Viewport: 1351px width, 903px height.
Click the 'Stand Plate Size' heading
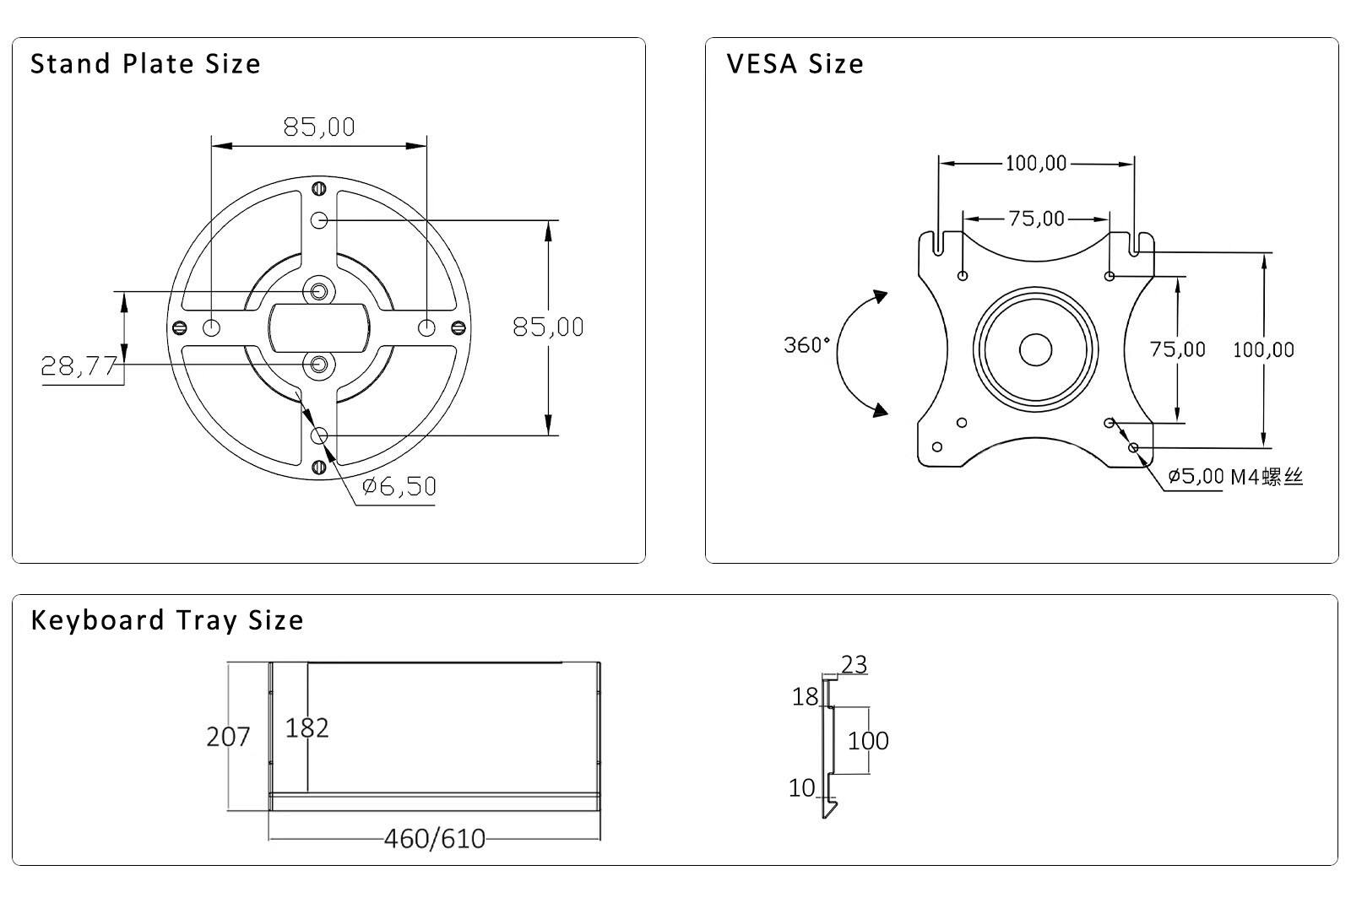[x=145, y=64]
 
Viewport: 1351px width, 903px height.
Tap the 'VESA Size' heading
[x=795, y=64]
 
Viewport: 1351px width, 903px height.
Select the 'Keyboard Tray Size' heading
[x=166, y=620]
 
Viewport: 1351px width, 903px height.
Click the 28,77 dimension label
[x=79, y=366]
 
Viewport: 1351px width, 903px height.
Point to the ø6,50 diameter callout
[x=399, y=486]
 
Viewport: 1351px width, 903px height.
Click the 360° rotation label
[x=806, y=345]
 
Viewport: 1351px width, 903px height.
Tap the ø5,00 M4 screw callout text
[x=1235, y=477]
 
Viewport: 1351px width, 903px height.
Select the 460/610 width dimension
[x=435, y=839]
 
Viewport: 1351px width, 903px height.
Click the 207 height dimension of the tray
[x=228, y=737]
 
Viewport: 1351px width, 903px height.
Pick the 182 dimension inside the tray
[x=307, y=727]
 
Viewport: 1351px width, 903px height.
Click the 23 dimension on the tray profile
[x=854, y=665]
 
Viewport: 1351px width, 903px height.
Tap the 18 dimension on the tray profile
[x=805, y=697]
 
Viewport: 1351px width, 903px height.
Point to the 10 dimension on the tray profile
[x=801, y=788]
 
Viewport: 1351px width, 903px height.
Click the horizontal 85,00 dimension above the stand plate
[x=319, y=127]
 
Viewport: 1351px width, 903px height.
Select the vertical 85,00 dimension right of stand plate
[x=548, y=327]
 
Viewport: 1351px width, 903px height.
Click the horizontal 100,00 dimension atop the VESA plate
[x=1036, y=164]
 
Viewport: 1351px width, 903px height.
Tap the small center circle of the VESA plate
[x=1035, y=349]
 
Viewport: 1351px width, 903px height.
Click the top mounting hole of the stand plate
[x=319, y=220]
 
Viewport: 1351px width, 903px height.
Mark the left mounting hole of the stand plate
[x=212, y=327]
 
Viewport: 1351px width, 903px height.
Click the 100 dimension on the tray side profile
[x=868, y=741]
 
